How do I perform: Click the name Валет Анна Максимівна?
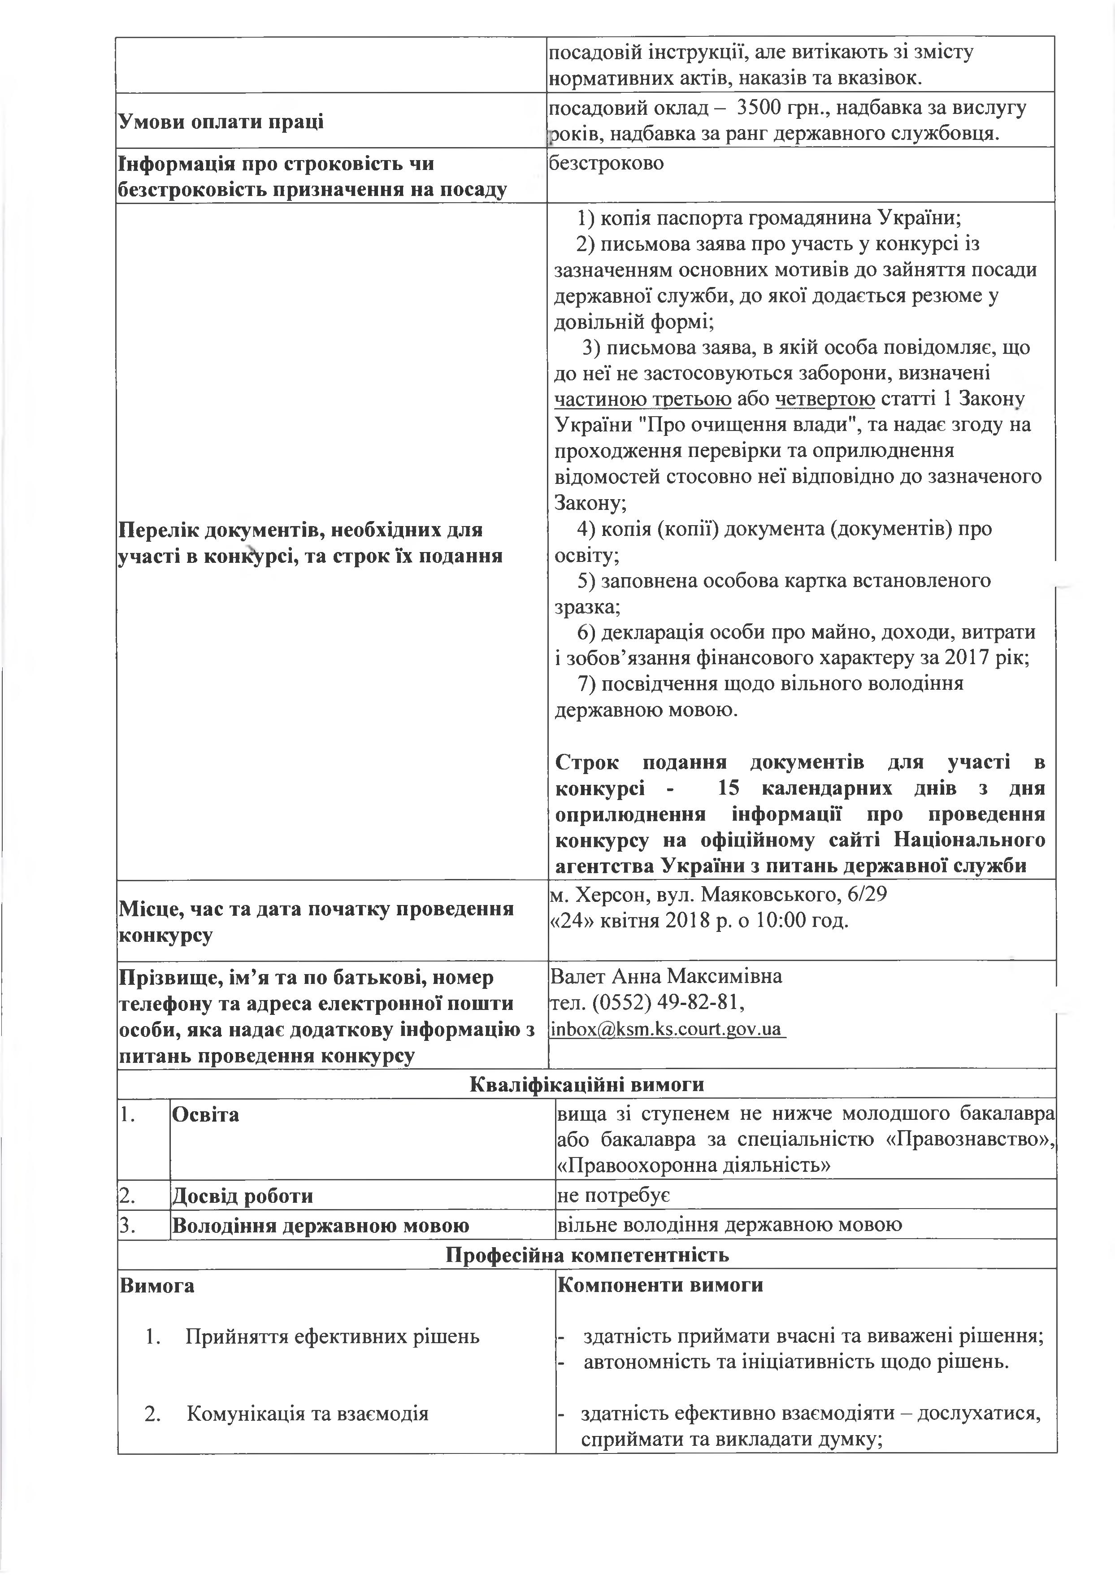tap(666, 975)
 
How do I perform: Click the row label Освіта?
tap(205, 1115)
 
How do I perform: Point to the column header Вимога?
tap(157, 1284)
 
